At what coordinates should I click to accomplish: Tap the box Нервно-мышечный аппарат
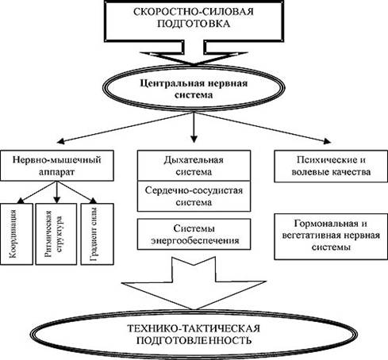(57, 166)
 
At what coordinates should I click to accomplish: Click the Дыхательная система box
(194, 166)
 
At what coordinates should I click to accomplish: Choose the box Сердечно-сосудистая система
(194, 196)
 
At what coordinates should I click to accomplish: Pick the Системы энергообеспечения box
(194, 234)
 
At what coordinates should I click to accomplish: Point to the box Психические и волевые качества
(331, 167)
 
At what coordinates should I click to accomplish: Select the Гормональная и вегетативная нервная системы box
(331, 236)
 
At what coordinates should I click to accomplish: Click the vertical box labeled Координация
(17, 234)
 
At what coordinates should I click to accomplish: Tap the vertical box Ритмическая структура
(56, 234)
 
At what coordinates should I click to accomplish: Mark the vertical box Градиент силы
(98, 234)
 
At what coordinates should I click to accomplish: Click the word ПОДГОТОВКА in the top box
(194, 24)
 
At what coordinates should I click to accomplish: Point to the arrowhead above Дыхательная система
(194, 139)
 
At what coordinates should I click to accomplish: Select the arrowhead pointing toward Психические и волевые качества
(327, 141)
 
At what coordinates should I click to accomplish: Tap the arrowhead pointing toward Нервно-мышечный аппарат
(60, 141)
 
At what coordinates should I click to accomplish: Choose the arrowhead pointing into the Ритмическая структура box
(56, 200)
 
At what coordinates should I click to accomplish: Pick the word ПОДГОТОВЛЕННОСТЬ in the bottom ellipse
(194, 340)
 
